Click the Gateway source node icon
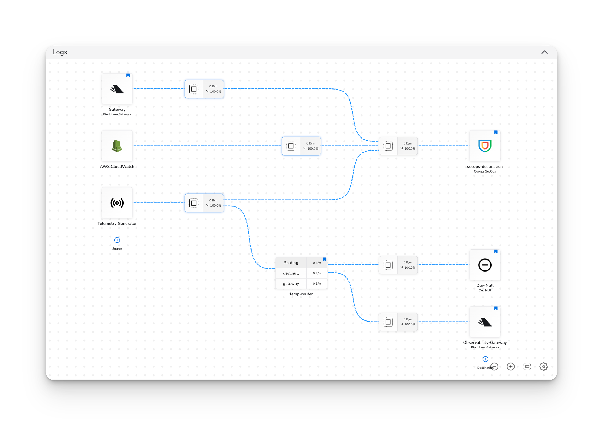[117, 89]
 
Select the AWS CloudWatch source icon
[117, 146]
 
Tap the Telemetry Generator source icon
[117, 203]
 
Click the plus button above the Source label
[117, 240]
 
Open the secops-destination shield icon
[485, 146]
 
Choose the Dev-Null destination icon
[485, 265]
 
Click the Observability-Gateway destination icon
[485, 322]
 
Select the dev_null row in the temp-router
[291, 273]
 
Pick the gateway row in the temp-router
[291, 284]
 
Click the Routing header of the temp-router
[291, 263]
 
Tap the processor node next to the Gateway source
[204, 89]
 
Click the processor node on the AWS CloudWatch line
[301, 146]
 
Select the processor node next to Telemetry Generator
[204, 203]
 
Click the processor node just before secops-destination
[398, 146]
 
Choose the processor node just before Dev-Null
[398, 265]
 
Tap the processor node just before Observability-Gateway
[398, 322]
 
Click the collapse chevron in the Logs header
[544, 52]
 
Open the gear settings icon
[543, 367]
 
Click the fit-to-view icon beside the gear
[527, 367]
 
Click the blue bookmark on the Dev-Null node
[496, 251]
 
